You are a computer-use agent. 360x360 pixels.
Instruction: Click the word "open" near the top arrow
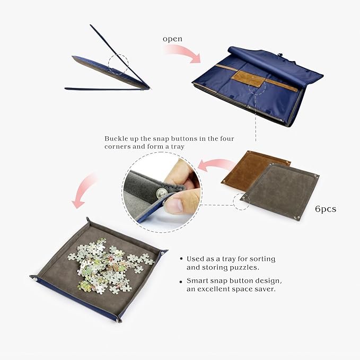(172, 39)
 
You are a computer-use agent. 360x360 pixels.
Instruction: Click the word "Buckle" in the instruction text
(116, 138)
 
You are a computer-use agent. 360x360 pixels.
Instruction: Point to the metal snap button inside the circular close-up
(160, 189)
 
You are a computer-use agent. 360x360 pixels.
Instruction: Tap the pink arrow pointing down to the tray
(84, 191)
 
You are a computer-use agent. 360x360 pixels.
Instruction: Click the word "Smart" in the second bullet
(197, 280)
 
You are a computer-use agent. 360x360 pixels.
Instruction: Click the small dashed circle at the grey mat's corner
(241, 201)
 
